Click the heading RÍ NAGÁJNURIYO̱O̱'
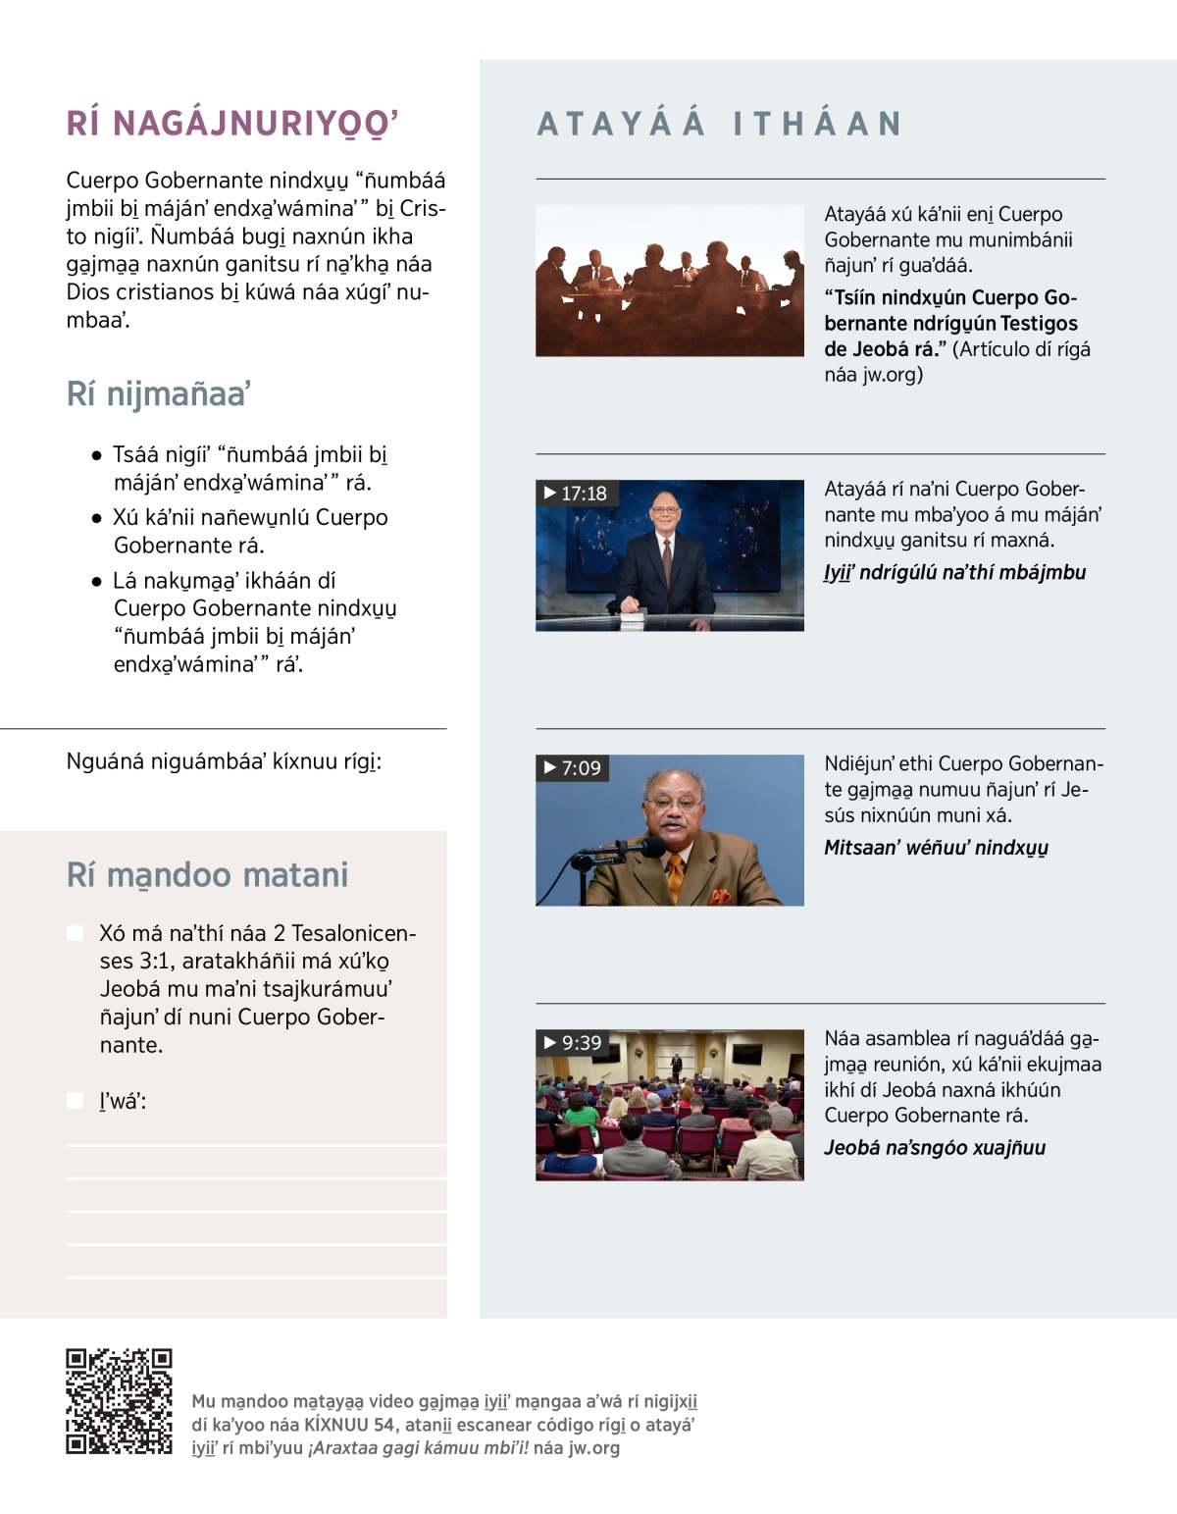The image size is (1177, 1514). click(x=232, y=124)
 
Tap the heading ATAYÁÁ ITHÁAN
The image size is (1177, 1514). click(x=719, y=124)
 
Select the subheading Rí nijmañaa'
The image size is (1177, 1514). click(x=158, y=393)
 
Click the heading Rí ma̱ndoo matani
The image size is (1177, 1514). click(x=207, y=874)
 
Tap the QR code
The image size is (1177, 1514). click(x=119, y=1401)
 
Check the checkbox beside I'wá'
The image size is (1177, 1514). click(x=75, y=1101)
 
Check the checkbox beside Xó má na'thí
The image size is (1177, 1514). click(x=75, y=933)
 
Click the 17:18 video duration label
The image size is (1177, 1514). click(x=576, y=494)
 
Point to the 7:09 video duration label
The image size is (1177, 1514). click(x=573, y=768)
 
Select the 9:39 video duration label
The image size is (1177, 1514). click(x=573, y=1043)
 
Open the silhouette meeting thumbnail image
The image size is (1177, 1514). click(x=669, y=281)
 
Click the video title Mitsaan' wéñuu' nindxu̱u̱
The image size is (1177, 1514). click(x=936, y=848)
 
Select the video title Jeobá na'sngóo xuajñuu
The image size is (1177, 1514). click(x=935, y=1148)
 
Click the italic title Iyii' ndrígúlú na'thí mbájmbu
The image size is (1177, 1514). click(x=954, y=573)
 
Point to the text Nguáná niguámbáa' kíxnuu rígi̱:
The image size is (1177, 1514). click(x=224, y=761)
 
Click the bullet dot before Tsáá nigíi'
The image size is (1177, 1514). click(x=96, y=455)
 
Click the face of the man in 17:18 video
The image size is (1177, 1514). click(x=665, y=513)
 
